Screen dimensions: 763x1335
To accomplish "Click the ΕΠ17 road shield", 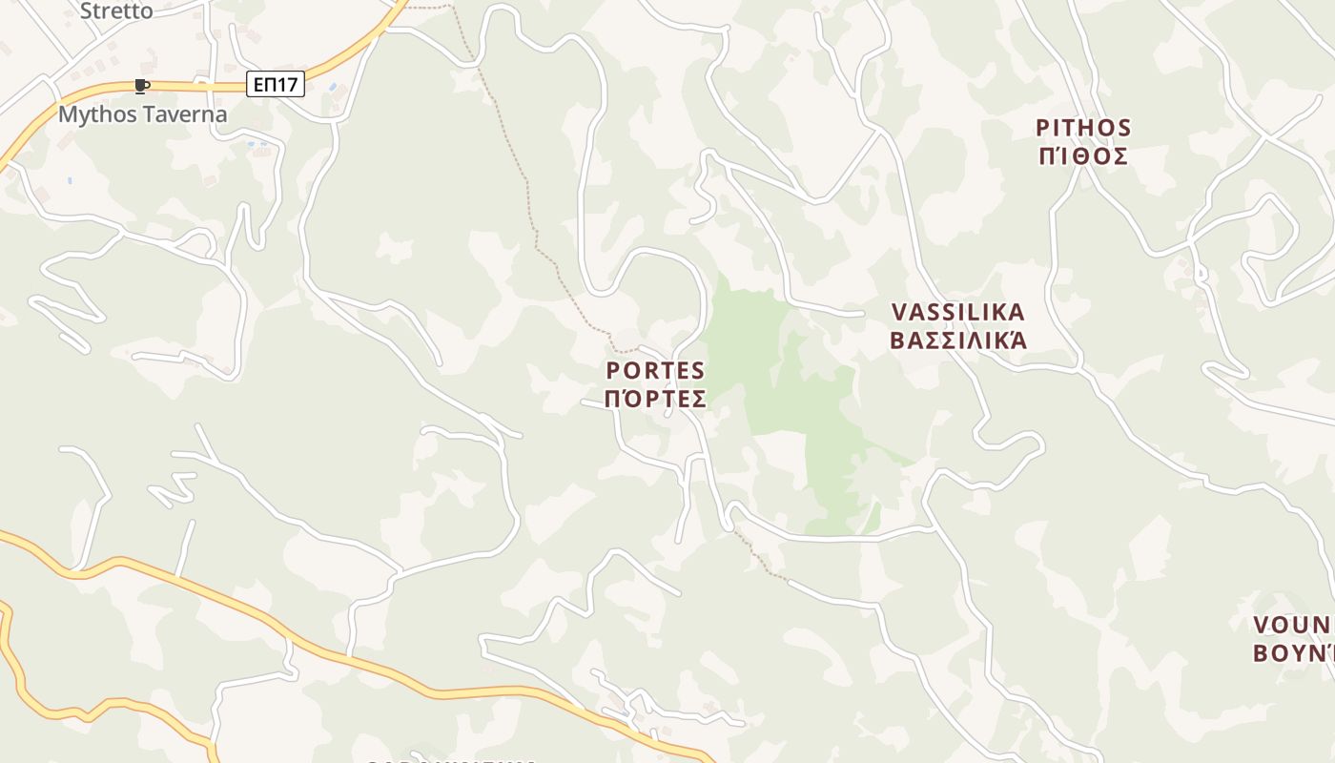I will (275, 84).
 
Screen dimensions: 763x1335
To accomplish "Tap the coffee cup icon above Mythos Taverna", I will (142, 87).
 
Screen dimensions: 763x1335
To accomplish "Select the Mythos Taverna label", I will (143, 114).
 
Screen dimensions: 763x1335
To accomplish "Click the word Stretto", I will (115, 11).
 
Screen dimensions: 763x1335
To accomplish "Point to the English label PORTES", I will (656, 370).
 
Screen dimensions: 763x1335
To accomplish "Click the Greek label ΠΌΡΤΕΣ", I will (656, 398).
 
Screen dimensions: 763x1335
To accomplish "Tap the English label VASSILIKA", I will (958, 312).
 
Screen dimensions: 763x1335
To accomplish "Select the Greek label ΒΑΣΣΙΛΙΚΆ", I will (958, 340).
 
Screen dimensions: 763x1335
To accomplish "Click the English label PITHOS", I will (1083, 128).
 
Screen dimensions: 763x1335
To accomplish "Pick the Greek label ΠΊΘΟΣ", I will (1083, 155).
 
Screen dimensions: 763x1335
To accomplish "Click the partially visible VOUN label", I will (1293, 625).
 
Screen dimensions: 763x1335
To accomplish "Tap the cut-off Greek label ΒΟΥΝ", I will (1293, 653).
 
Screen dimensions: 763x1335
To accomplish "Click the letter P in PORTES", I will (613, 370).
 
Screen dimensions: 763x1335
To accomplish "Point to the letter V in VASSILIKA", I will (899, 312).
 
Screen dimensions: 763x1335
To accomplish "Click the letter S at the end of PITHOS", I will (1123, 128).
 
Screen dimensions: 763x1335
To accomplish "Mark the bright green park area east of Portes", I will (791, 381).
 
